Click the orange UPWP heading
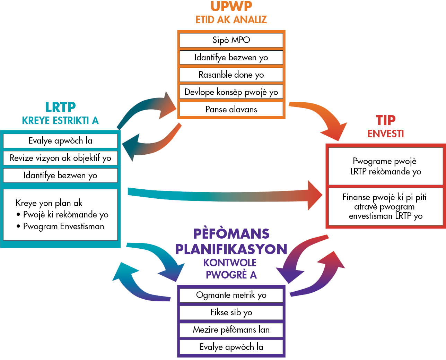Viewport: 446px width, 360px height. tap(231, 6)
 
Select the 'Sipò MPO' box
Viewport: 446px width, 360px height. tap(231, 40)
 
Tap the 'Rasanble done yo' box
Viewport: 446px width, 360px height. tap(231, 75)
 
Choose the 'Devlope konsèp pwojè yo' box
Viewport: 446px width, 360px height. tap(231, 92)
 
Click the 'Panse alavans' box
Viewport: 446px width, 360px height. tap(231, 110)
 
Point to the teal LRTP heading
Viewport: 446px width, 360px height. tap(60, 108)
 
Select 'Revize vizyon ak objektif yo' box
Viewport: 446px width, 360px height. tap(60, 158)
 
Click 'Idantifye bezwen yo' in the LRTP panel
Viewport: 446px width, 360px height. tap(60, 175)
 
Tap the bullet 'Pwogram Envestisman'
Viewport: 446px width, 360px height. tap(63, 226)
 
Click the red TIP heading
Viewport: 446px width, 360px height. tap(386, 120)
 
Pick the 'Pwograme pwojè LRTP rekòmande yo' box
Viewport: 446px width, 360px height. tap(386, 166)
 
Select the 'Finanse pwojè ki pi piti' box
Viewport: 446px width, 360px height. tap(386, 207)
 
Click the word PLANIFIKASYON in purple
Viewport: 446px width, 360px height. tap(231, 249)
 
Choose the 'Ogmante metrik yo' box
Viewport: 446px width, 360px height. tap(231, 295)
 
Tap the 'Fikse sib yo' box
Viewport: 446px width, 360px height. tap(231, 312)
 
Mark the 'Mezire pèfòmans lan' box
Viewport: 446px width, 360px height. tap(231, 330)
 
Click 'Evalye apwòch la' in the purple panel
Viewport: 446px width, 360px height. tap(231, 347)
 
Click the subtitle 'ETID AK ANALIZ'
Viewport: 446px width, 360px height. tap(231, 20)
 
